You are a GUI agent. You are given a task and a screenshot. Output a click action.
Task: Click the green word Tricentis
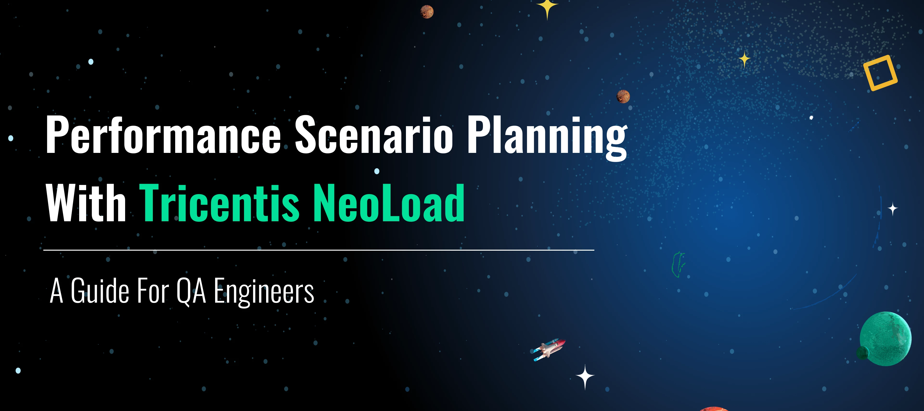[219, 202]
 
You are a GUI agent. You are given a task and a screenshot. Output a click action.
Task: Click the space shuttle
[549, 349]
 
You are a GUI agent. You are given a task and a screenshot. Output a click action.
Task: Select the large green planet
[885, 339]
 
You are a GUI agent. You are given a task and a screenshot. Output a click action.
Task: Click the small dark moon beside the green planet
[862, 352]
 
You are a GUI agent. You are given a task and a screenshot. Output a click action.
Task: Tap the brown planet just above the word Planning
[623, 96]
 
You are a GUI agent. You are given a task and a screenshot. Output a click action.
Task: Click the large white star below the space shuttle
[585, 377]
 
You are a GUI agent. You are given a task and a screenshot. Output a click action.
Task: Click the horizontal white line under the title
[319, 250]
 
